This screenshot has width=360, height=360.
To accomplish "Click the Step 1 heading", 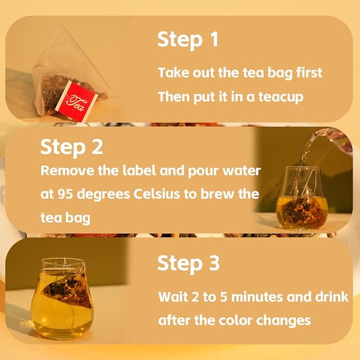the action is (x=188, y=39).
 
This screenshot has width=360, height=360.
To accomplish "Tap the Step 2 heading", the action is (x=72, y=147).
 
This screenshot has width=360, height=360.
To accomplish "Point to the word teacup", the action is (x=281, y=97).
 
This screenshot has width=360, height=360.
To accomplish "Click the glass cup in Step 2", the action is (x=301, y=198).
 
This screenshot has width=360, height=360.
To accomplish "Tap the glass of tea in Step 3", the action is (x=62, y=298).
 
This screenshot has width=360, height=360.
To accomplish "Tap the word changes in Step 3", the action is (x=283, y=321).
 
